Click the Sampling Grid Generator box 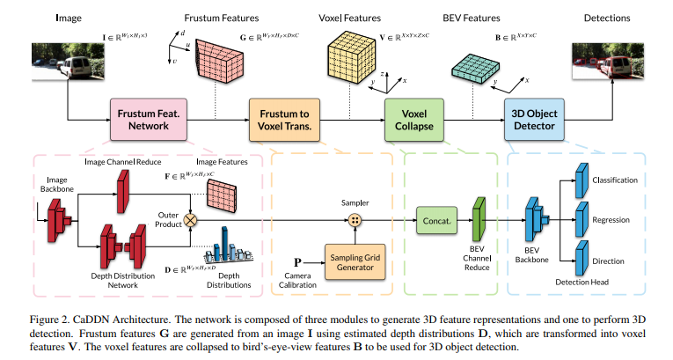357,261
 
